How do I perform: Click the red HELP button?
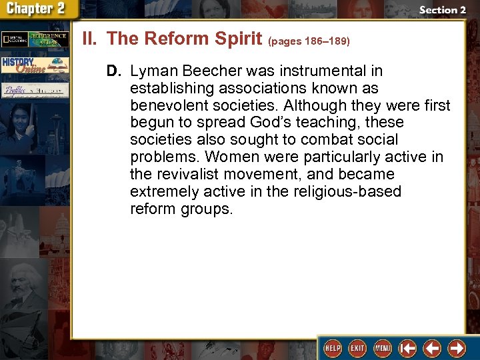coord(331,348)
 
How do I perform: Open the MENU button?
coord(382,348)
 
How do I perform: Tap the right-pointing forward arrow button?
coord(457,348)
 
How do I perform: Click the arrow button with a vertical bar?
coord(407,348)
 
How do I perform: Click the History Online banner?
coord(34,65)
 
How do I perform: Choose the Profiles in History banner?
coord(34,90)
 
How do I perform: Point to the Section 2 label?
coord(442,10)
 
